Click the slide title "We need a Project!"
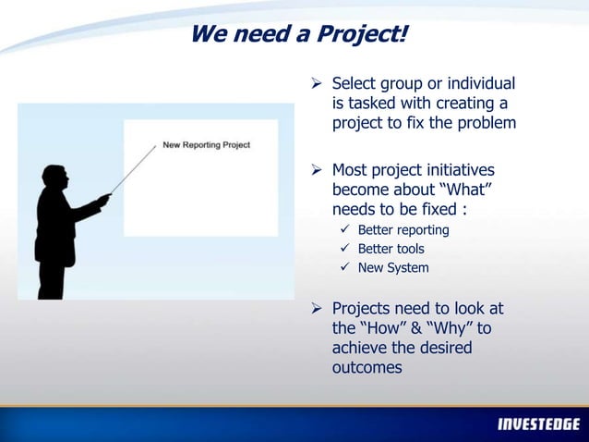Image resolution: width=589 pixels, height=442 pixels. [298, 34]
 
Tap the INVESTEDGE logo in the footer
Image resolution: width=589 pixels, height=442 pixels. [539, 424]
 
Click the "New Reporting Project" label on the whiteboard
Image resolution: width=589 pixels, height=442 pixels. [207, 144]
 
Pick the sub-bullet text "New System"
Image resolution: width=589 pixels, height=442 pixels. [393, 268]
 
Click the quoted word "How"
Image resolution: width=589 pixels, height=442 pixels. [383, 328]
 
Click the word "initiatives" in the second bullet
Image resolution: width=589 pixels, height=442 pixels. [452, 170]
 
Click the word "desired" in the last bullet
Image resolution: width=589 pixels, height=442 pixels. [440, 348]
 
